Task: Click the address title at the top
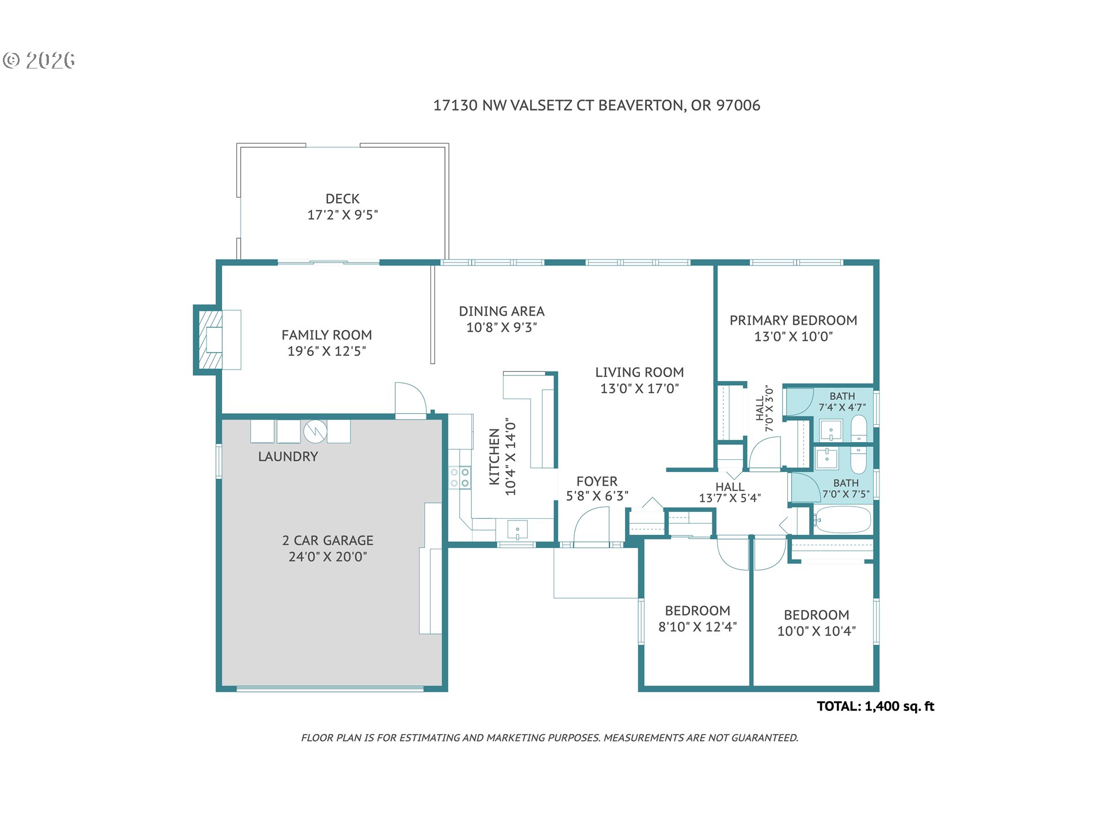point(596,105)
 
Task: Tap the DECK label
point(342,199)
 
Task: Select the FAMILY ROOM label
point(326,335)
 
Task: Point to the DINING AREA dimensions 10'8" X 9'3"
point(501,328)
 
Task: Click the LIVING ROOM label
point(639,372)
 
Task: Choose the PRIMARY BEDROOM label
point(793,321)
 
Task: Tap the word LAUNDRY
point(288,457)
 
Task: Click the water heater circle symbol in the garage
point(315,431)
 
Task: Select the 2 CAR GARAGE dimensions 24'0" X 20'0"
point(327,557)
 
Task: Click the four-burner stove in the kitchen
point(459,477)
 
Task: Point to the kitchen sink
point(517,530)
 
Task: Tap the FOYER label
point(597,481)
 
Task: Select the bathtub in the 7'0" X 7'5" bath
point(843,520)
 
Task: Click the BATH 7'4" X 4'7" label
point(842,402)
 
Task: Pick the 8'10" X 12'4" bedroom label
point(698,619)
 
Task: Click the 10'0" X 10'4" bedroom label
point(816,623)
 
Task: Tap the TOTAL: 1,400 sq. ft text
point(875,706)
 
